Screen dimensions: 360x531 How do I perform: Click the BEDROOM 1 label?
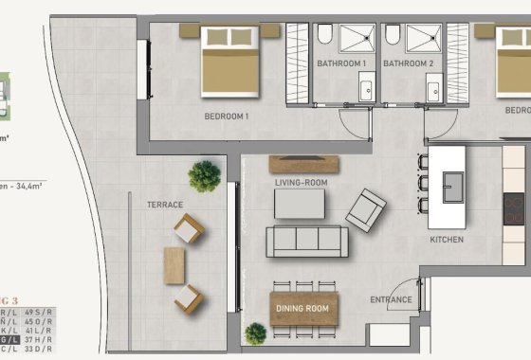coord(227,117)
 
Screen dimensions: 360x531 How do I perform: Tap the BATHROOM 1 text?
coord(341,63)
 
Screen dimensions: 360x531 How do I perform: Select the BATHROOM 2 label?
coord(408,63)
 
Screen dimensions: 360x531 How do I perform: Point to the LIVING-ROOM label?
coord(300,182)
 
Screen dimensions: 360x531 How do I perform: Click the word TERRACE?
coord(164,204)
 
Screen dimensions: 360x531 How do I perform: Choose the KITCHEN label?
coord(447,240)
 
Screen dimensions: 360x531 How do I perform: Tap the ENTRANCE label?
coord(391,300)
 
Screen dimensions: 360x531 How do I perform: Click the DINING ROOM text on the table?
coord(302,309)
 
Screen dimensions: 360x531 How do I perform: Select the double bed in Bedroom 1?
coord(230,60)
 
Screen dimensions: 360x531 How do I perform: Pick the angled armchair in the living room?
coord(365,209)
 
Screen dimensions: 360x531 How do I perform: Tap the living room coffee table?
coord(299,204)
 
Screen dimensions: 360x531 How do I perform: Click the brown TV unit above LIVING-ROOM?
coord(299,163)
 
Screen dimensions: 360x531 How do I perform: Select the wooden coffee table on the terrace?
coord(175,265)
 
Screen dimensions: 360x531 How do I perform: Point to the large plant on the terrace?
coord(204,176)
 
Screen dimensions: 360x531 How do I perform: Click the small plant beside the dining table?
coord(255,333)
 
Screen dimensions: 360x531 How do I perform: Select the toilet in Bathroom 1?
coord(324,37)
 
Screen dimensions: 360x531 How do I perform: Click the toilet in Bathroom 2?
coord(393,36)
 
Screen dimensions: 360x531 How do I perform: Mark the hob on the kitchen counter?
coord(514,207)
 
